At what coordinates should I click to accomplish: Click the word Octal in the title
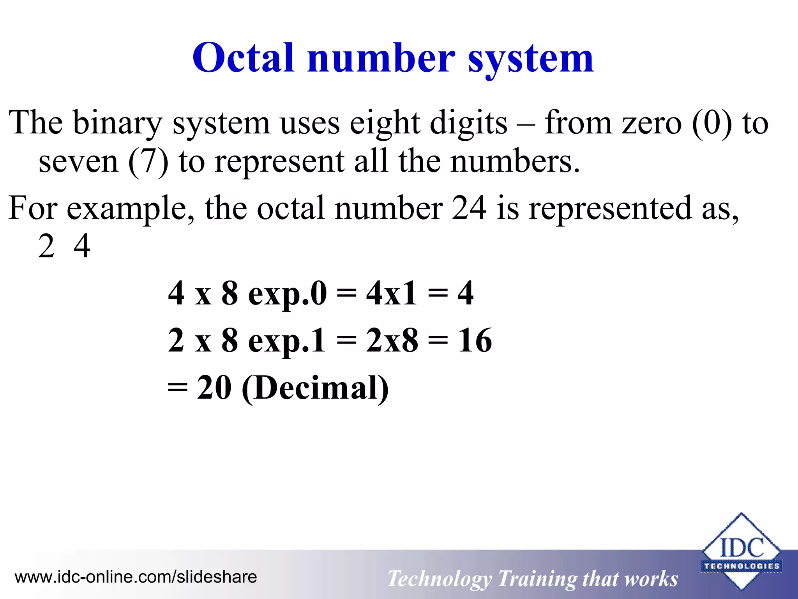(x=243, y=58)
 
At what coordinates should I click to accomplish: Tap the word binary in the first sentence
(x=117, y=123)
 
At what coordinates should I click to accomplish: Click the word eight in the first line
(x=385, y=123)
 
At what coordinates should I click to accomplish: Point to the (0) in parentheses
(x=712, y=123)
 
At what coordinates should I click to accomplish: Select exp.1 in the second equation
(x=287, y=340)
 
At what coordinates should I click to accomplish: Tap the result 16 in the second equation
(x=475, y=340)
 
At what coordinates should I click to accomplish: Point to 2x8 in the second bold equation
(x=392, y=340)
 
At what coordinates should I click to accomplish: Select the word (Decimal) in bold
(x=315, y=388)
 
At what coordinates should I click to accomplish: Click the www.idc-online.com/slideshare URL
(x=136, y=577)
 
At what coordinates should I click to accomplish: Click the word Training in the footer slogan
(x=536, y=579)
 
